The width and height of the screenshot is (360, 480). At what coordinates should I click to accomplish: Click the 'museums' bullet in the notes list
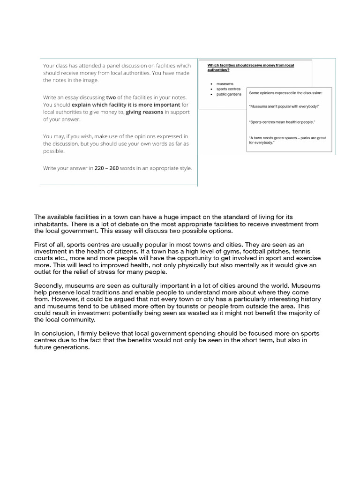[x=225, y=83]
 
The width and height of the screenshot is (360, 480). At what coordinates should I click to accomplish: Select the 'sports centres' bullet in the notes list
[x=228, y=89]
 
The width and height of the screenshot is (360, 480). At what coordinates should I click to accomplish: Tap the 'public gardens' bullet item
[x=229, y=94]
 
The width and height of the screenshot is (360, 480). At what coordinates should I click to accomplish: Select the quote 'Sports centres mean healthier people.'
[x=282, y=122]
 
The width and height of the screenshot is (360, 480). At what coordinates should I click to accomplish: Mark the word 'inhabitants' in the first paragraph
[x=51, y=224]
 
